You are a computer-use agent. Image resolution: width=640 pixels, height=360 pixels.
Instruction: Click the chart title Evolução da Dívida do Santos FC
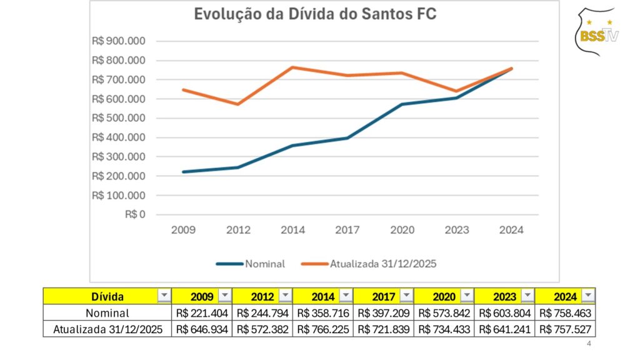pyautogui.click(x=315, y=15)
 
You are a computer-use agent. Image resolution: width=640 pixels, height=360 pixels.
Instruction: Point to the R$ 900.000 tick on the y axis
pyautogui.click(x=119, y=42)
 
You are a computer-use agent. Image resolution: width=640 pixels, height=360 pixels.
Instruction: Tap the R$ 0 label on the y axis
pyautogui.click(x=134, y=214)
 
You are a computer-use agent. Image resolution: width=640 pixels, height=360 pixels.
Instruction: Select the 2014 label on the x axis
pyautogui.click(x=292, y=230)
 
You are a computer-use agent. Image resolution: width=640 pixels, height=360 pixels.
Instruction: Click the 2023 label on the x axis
pyautogui.click(x=457, y=230)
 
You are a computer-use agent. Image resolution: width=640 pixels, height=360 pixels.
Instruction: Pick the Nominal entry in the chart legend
pyautogui.click(x=250, y=264)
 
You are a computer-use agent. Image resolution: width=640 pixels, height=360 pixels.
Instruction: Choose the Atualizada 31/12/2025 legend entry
pyautogui.click(x=368, y=264)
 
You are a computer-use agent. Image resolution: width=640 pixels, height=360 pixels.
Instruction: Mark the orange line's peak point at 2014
pyautogui.click(x=292, y=67)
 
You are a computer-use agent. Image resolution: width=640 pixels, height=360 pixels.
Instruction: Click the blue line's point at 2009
pyautogui.click(x=183, y=172)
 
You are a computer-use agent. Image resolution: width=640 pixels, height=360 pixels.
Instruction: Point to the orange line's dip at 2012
pyautogui.click(x=238, y=104)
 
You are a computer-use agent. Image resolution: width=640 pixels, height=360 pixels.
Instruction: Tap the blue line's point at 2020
pyautogui.click(x=402, y=104)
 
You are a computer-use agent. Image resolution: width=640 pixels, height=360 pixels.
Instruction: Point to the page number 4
pyautogui.click(x=589, y=344)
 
